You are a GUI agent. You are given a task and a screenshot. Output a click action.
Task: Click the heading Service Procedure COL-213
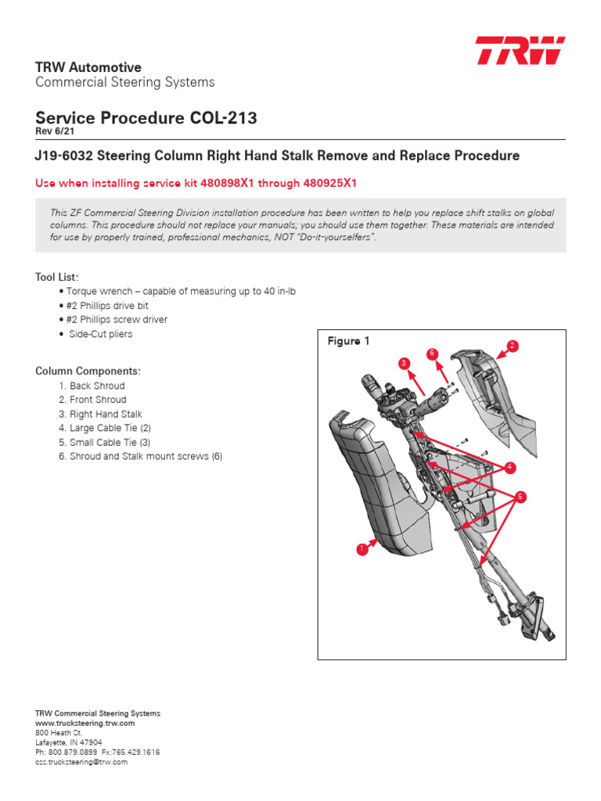point(146,118)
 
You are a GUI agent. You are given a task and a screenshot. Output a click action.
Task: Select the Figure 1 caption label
point(348,341)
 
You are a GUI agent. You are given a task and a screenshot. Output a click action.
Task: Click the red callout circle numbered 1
point(362,550)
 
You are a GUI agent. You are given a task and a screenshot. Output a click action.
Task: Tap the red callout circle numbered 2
point(513,345)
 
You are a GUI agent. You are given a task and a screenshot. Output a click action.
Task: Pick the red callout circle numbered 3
point(404,363)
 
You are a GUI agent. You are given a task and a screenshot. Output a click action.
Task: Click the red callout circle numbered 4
point(510,467)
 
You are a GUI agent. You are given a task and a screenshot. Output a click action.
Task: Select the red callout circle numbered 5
point(520,496)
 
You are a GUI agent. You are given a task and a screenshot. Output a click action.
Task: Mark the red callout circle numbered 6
point(431,354)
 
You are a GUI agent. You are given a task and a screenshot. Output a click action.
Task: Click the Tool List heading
point(56,277)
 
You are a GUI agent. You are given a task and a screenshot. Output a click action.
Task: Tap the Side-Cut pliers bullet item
point(99,334)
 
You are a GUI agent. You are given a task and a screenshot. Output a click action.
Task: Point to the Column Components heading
point(88,371)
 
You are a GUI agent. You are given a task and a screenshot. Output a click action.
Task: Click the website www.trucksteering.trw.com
point(79,724)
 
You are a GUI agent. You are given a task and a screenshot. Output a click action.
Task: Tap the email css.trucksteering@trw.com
point(81,761)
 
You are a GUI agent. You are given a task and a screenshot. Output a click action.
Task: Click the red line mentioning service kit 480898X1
point(196,183)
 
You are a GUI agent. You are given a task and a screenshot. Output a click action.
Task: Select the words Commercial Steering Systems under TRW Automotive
point(124,82)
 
